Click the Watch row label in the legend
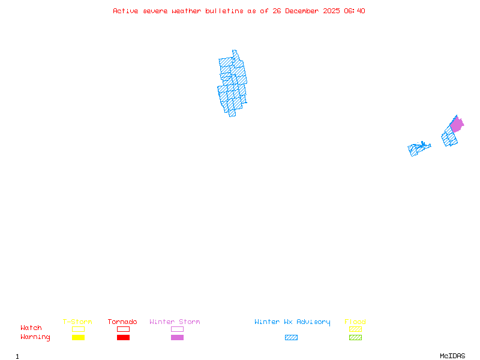tap(31, 328)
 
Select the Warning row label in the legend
tap(35, 337)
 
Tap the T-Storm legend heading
tap(77, 322)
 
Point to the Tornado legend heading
tap(122, 322)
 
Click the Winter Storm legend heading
tap(175, 322)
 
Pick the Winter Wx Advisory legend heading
tap(292, 322)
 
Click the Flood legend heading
tap(355, 322)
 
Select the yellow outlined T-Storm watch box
tap(78, 329)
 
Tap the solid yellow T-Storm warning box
tap(78, 338)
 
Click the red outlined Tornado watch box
tap(123, 329)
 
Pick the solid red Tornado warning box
tap(123, 338)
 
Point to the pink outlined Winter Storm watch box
tap(177, 329)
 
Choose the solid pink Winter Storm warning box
tap(177, 338)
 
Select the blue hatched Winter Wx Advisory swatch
tap(291, 338)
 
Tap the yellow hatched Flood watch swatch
tap(355, 329)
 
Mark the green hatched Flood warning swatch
tap(355, 338)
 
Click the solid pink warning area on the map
tap(457, 125)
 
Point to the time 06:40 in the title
tap(355, 11)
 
